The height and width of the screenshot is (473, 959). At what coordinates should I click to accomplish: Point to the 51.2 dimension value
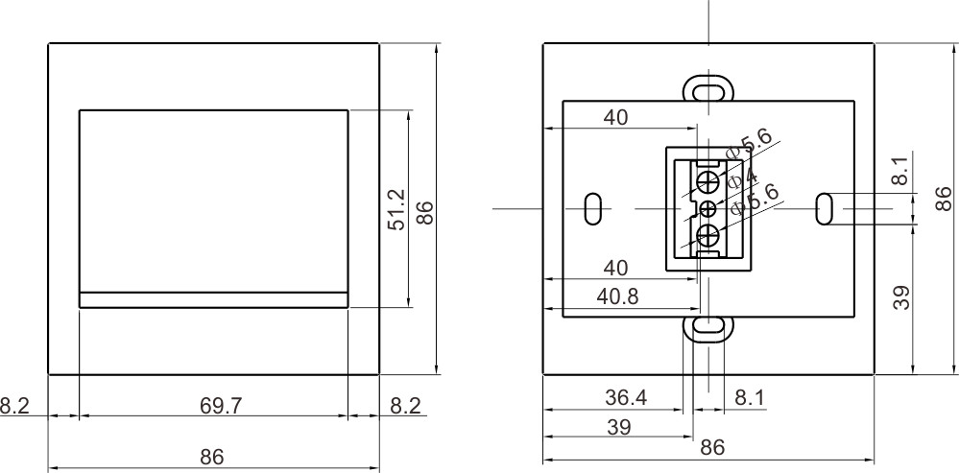pyautogui.click(x=396, y=209)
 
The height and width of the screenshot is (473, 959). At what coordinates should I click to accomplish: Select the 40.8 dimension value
pyautogui.click(x=617, y=296)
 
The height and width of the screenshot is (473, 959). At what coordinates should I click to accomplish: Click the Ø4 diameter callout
pyautogui.click(x=742, y=178)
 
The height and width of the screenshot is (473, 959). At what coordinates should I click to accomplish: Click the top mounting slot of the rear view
pyautogui.click(x=708, y=88)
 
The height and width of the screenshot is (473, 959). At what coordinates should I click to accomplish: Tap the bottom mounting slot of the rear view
pyautogui.click(x=708, y=327)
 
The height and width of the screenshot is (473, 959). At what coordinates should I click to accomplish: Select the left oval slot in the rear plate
pyautogui.click(x=593, y=208)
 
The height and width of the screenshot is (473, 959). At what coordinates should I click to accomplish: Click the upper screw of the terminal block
pyautogui.click(x=708, y=181)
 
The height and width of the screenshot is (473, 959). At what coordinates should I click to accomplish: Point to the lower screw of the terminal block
pyautogui.click(x=708, y=236)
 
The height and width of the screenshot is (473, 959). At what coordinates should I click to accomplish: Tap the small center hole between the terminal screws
pyautogui.click(x=708, y=208)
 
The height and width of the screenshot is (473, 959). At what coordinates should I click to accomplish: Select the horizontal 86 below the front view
pyautogui.click(x=212, y=457)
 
